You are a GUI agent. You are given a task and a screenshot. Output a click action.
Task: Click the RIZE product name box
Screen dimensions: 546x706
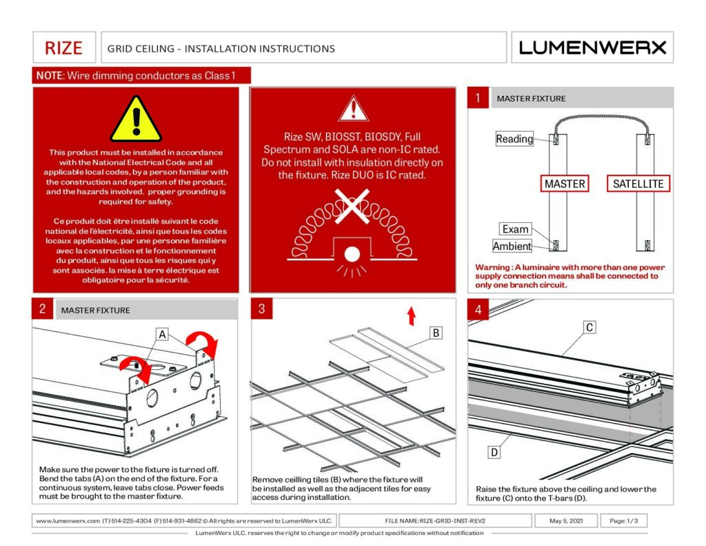pos(63,48)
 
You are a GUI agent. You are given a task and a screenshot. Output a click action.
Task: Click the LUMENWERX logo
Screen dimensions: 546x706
pos(593,48)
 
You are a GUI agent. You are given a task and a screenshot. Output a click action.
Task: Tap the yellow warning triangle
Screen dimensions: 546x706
pos(136,119)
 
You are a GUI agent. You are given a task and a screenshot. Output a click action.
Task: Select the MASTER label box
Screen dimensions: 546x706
pos(565,184)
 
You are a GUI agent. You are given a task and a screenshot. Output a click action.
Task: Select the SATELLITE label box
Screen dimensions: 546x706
pos(638,184)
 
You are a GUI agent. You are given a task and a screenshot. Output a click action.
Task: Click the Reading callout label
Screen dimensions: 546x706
pos(514,139)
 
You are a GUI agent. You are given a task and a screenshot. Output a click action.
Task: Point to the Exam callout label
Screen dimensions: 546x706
pos(515,229)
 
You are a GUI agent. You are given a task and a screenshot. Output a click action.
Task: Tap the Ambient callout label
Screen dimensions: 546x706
pos(512,246)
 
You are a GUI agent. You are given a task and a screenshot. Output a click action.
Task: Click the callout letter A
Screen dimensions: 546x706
pos(162,335)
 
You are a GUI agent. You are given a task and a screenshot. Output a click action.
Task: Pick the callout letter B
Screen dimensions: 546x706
pos(436,333)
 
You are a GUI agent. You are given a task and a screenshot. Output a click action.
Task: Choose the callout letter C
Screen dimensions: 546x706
pos(589,328)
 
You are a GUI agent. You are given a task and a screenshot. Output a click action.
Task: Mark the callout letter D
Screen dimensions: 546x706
pos(494,452)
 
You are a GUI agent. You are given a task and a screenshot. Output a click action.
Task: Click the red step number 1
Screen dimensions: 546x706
pos(478,98)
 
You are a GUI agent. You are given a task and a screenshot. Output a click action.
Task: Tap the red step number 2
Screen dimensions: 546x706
pos(42,309)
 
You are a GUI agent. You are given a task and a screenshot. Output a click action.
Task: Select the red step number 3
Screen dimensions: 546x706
pos(261,309)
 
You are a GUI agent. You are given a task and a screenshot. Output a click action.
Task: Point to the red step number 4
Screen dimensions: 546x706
pos(478,309)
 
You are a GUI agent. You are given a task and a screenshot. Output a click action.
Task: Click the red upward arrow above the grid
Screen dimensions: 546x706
pos(412,316)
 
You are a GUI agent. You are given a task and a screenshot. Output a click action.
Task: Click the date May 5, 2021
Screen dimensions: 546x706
pos(566,520)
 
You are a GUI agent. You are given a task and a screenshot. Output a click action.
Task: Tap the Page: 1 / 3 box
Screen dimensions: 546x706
pos(623,520)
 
